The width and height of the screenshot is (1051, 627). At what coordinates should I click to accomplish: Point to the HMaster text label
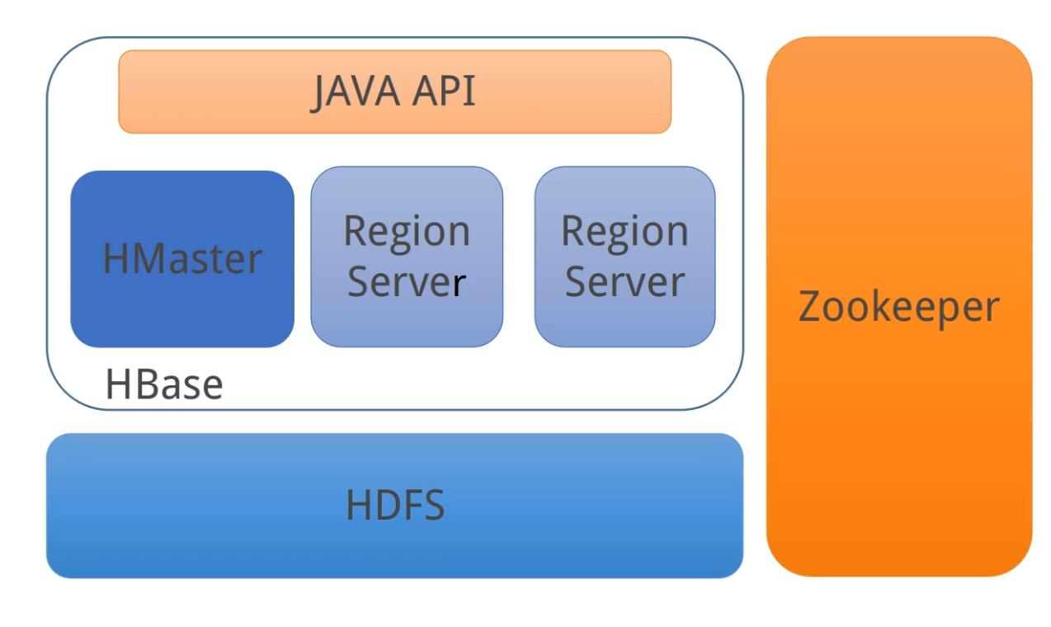point(182,259)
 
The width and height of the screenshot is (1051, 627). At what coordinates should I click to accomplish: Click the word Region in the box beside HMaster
point(407,232)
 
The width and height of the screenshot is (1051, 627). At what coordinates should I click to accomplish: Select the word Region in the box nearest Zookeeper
point(624,232)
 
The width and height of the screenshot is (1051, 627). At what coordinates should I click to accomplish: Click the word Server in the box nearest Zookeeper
point(624,282)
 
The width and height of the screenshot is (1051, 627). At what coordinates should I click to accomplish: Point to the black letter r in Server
point(460,284)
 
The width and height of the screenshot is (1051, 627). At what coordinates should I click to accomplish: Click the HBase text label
point(164,384)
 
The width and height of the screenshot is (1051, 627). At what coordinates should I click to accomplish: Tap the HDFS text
point(395,505)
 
